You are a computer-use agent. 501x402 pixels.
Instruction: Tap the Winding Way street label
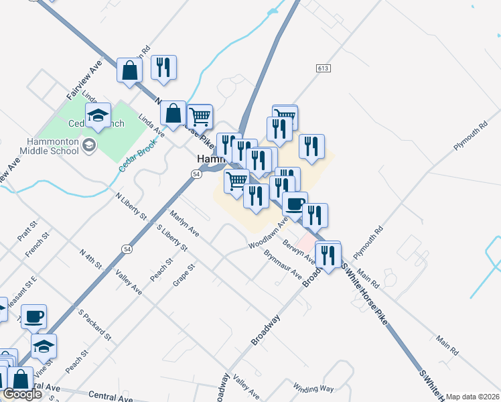[313, 387]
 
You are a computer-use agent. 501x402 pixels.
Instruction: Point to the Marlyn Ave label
[184, 224]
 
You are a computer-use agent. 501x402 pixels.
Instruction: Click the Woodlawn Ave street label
[267, 232]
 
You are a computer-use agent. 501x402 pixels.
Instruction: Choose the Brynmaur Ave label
[283, 265]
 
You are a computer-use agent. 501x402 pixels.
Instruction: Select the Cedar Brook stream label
[138, 155]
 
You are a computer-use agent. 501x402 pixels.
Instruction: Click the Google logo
[22, 394]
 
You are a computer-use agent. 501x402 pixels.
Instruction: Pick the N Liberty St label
[131, 207]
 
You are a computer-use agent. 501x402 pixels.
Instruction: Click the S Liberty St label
[171, 239]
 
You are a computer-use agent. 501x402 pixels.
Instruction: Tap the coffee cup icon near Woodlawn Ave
[295, 204]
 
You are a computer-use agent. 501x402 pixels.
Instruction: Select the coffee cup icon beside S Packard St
[33, 316]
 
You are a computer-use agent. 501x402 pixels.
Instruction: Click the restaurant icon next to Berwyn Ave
[328, 255]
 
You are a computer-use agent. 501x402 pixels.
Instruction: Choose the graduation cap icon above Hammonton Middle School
[98, 115]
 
